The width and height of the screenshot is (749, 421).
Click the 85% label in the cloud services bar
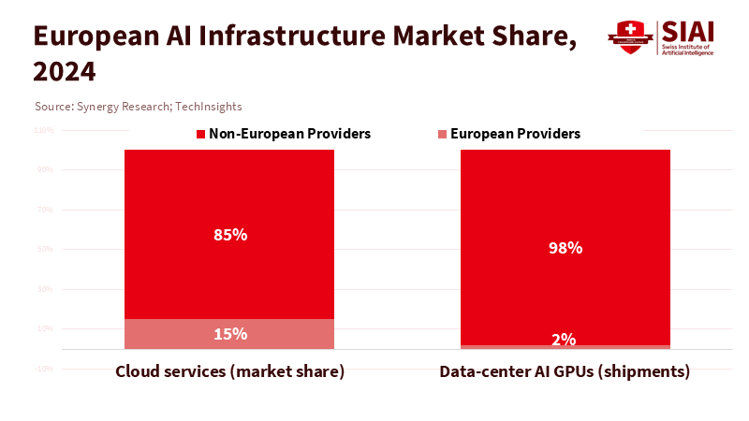[x=230, y=235]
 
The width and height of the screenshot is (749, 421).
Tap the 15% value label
[x=230, y=334]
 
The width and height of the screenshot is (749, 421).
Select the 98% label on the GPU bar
[x=565, y=248]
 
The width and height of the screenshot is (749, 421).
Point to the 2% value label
[x=564, y=340]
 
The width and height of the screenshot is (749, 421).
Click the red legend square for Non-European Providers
[x=200, y=135]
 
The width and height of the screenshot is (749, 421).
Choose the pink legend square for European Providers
[x=442, y=135]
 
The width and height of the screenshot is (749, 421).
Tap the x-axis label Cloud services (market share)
[x=230, y=371]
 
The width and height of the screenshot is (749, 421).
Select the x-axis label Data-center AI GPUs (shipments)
[x=565, y=371]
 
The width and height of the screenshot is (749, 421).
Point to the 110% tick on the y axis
[x=44, y=130]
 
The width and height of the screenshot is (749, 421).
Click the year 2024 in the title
[x=64, y=71]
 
